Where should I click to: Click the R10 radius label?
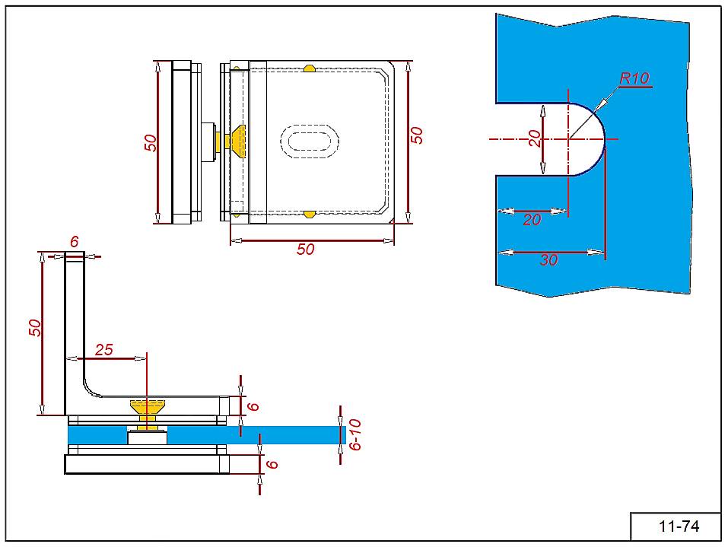click(634, 78)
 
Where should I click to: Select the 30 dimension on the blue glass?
click(548, 260)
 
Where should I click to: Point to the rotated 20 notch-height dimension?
click(535, 138)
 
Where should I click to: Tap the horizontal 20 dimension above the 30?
click(532, 221)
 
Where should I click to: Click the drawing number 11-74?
click(679, 526)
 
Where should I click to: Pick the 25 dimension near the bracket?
click(103, 349)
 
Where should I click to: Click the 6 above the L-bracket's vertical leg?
click(74, 241)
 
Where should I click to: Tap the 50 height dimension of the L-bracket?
click(34, 327)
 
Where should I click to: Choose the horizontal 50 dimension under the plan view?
click(305, 250)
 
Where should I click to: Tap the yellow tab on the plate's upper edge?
click(310, 68)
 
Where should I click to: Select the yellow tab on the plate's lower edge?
click(310, 215)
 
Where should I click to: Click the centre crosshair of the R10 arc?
click(568, 139)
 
